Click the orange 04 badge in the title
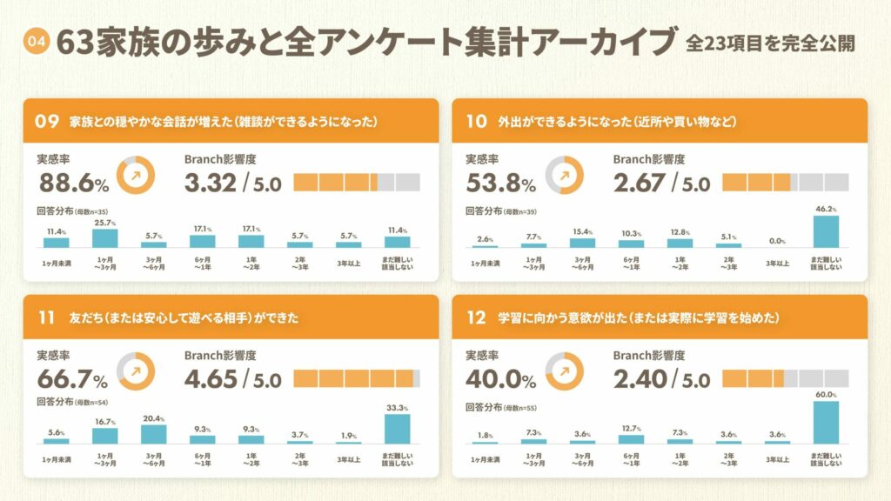pos(36,40)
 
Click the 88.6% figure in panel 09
pos(74,183)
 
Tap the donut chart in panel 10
pos(563,174)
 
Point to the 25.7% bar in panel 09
pos(105,238)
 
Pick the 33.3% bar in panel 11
pos(398,429)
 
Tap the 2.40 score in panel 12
pos(639,379)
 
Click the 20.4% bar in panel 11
pos(154,434)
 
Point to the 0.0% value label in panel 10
pos(777,241)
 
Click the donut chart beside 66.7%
pos(135,370)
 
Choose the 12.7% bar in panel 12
pos(631,439)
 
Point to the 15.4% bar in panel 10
pos(582,243)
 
